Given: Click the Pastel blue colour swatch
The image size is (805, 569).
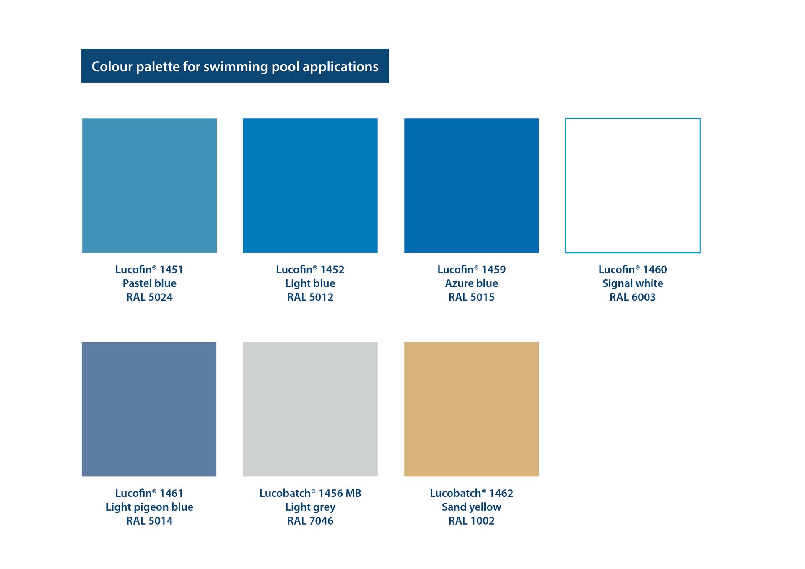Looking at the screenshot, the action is click(149, 185).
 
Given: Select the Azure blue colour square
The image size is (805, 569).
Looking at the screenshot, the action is click(471, 185).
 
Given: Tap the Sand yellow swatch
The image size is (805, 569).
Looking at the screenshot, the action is click(471, 409).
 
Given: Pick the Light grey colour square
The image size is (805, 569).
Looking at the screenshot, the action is click(310, 409).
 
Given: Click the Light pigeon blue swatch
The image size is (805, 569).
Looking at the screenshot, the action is click(149, 409).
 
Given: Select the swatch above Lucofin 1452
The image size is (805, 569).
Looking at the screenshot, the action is click(310, 185).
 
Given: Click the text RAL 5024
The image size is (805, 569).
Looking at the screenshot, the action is click(150, 297).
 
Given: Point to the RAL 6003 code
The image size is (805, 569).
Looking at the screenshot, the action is click(633, 297).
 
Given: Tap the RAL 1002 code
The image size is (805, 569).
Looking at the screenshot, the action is click(472, 521).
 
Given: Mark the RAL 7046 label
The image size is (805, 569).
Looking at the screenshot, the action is click(310, 521).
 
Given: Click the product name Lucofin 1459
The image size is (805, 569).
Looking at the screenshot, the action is click(472, 270).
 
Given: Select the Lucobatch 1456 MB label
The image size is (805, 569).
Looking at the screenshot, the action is click(310, 493).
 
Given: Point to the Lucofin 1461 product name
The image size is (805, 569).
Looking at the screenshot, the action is click(149, 493).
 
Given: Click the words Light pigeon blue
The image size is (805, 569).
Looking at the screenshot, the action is click(150, 507).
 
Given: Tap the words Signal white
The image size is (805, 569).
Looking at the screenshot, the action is click(633, 283).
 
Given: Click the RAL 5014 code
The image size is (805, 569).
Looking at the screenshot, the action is click(150, 521).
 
